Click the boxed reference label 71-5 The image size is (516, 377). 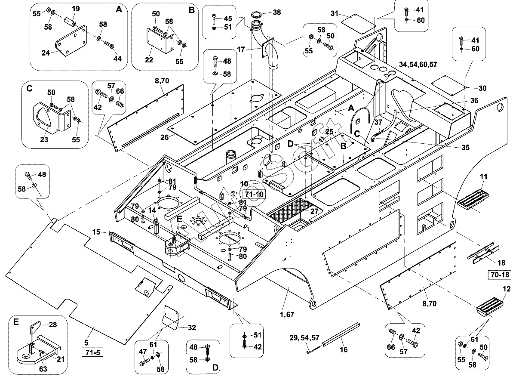point(92,352)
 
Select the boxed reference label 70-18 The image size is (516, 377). point(499,275)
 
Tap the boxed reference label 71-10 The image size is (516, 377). point(254,194)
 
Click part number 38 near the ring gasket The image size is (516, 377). point(276,12)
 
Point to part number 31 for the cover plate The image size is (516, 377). point(334,14)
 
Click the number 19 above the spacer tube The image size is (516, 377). point(76,9)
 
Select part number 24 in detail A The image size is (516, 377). point(46,53)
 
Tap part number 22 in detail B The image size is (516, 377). point(149,60)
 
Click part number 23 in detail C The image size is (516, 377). point(44,139)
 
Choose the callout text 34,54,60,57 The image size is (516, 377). point(418,64)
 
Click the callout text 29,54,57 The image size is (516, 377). point(304,338)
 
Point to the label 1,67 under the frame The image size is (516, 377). point(287,315)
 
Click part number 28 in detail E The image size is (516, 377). point(53,324)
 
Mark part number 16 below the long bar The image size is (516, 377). point(344,349)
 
